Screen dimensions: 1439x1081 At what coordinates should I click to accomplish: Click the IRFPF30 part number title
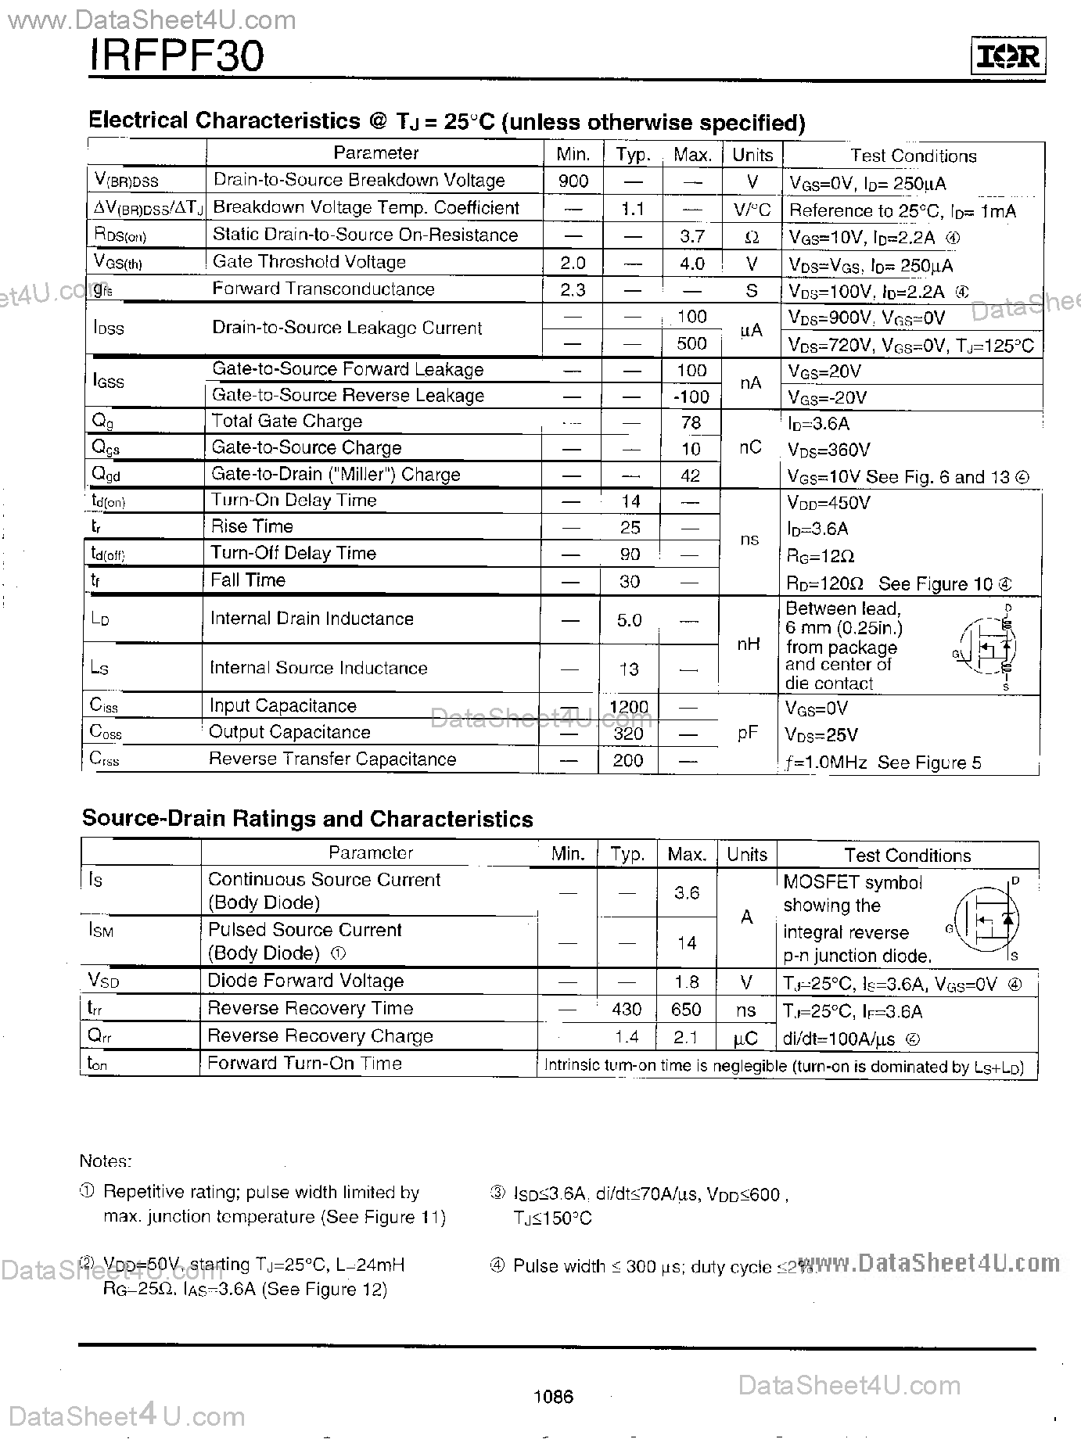pyautogui.click(x=178, y=56)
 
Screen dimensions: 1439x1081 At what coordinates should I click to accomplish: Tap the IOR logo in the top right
pyautogui.click(x=1008, y=57)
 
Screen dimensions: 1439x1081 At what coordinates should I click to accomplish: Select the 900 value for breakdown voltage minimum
pyautogui.click(x=573, y=181)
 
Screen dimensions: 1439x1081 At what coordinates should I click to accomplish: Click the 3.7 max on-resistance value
pyautogui.click(x=692, y=236)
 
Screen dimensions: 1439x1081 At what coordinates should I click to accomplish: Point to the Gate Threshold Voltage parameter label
pyautogui.click(x=309, y=262)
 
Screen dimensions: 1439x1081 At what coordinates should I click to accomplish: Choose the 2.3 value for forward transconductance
pyautogui.click(x=573, y=290)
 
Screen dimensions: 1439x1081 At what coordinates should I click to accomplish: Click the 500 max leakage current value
pyautogui.click(x=691, y=343)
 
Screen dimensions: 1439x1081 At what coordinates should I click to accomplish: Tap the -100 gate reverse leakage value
pyautogui.click(x=691, y=397)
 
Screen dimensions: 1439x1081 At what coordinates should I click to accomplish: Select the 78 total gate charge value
pyautogui.click(x=691, y=423)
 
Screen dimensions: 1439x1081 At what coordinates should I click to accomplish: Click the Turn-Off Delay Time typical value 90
pyautogui.click(x=630, y=554)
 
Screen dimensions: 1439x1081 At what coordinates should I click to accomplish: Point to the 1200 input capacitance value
pyautogui.click(x=629, y=707)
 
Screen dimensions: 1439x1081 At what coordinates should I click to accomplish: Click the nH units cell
pyautogui.click(x=749, y=644)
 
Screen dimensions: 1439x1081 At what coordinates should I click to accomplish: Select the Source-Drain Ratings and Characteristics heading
pyautogui.click(x=307, y=819)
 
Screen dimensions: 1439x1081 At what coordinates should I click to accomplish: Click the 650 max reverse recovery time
pyautogui.click(x=686, y=1010)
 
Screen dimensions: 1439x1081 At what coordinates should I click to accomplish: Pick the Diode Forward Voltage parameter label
pyautogui.click(x=305, y=981)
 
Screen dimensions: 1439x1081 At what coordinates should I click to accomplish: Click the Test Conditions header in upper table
pyautogui.click(x=913, y=156)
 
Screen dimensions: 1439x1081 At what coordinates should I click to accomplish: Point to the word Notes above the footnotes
pyautogui.click(x=106, y=1162)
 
